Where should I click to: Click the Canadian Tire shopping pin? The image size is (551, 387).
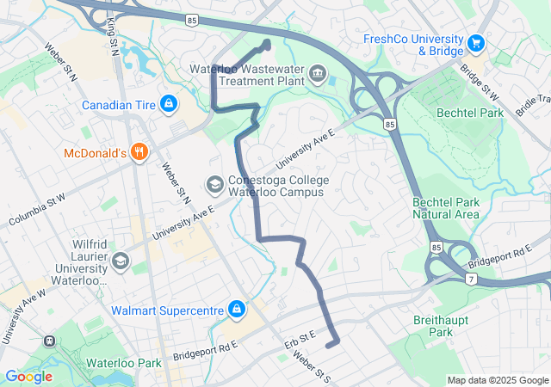tap(168, 105)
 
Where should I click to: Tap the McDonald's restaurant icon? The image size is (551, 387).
tap(139, 154)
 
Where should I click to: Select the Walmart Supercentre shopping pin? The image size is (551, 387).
tap(236, 309)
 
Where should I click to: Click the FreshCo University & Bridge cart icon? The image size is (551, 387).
tap(475, 42)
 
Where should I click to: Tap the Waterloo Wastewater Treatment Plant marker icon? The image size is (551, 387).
tap(319, 74)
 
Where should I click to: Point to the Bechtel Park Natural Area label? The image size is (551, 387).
tap(444, 207)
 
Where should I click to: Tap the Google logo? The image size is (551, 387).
tap(28, 377)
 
